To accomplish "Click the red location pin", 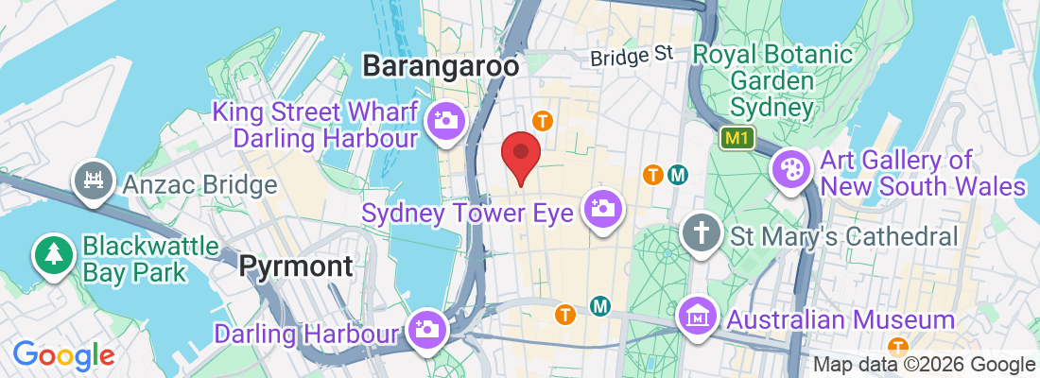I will click(520, 157).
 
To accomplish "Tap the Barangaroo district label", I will click(442, 66).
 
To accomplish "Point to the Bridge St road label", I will click(631, 58).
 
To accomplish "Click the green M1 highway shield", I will click(736, 139).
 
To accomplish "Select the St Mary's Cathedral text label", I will click(843, 234).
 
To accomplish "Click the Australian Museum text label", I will click(841, 319).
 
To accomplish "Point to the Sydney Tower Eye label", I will click(468, 213).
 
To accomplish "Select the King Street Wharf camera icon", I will click(442, 121).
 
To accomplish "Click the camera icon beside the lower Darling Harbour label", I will click(427, 330).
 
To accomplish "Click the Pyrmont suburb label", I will click(296, 267).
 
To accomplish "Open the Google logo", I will click(63, 356).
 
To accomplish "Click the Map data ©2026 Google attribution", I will click(925, 365).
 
